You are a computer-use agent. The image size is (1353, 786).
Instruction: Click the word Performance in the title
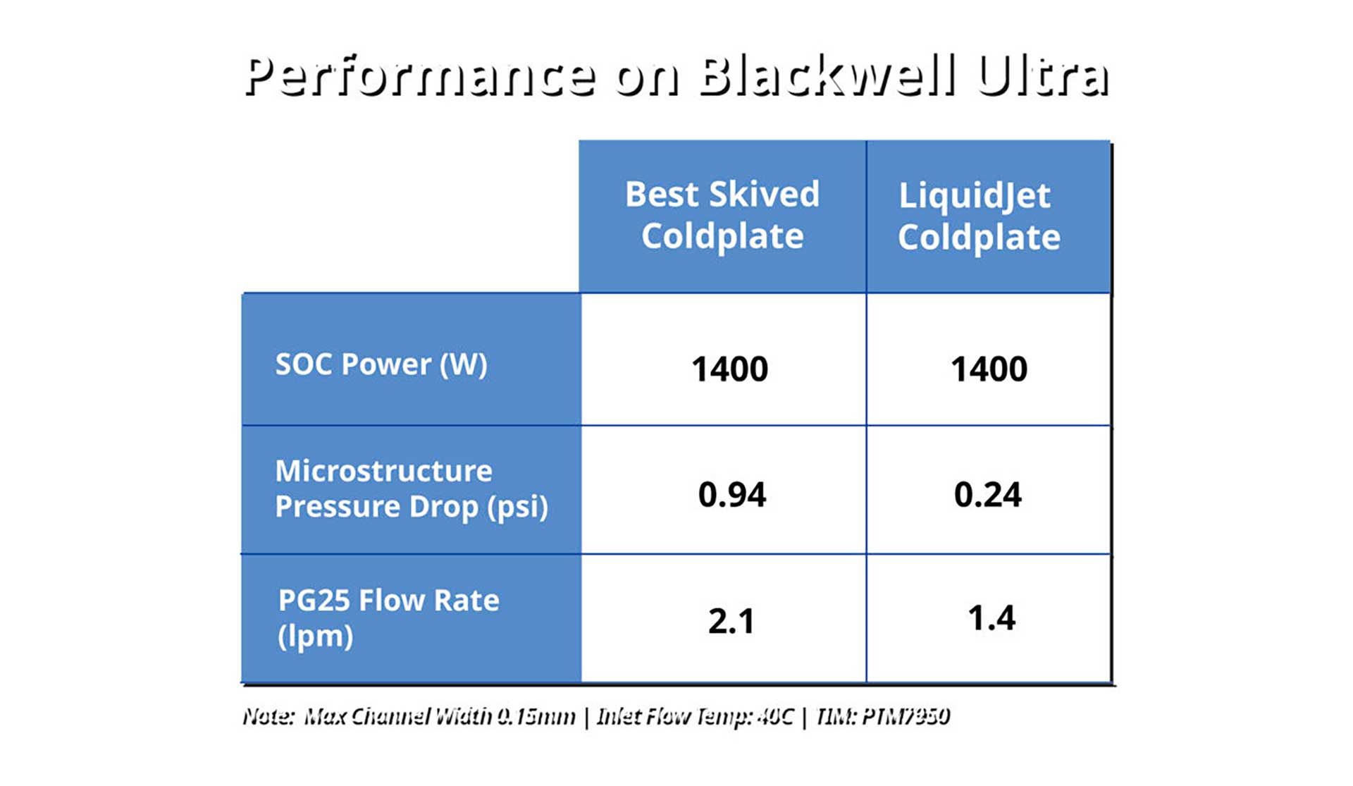point(419,76)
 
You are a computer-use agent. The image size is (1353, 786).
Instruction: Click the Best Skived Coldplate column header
point(722,215)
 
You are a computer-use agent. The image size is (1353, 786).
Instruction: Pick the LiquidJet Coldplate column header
point(979,216)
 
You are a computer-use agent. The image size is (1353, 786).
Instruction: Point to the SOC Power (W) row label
point(381,364)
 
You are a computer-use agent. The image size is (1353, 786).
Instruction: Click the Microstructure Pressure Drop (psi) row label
point(412,489)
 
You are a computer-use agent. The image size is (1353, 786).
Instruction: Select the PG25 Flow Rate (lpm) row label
point(388,618)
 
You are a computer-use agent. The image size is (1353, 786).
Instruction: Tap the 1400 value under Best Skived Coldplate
point(729,369)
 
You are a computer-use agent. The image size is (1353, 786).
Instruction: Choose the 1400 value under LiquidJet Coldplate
point(989,369)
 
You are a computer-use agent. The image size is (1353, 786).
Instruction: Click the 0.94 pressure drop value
point(731,495)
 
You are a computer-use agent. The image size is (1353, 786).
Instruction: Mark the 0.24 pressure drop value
point(987,495)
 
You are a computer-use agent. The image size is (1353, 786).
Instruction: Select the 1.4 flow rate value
point(991,618)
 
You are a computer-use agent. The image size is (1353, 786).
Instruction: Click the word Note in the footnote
point(268,717)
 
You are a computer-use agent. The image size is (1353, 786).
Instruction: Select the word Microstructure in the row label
point(383,471)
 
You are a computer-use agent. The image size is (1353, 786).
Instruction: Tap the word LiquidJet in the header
point(975,195)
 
